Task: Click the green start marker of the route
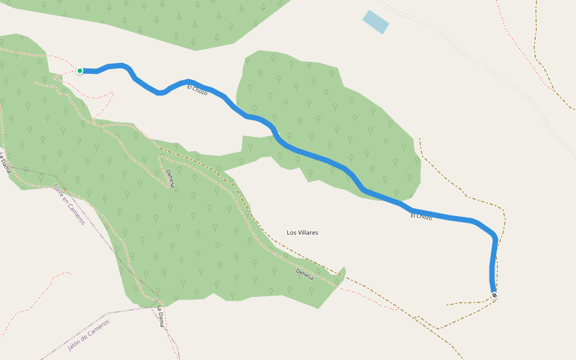point(80,71)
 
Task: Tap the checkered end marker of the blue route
point(494,295)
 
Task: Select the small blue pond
point(376,22)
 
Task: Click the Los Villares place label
point(302,232)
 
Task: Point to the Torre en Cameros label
point(69,204)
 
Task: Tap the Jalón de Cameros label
point(89,335)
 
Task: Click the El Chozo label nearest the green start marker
point(197,90)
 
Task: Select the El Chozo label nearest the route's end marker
point(421,216)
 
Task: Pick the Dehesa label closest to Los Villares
point(305,274)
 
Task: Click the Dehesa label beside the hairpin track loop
point(170,178)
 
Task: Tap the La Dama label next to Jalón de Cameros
point(160,316)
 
